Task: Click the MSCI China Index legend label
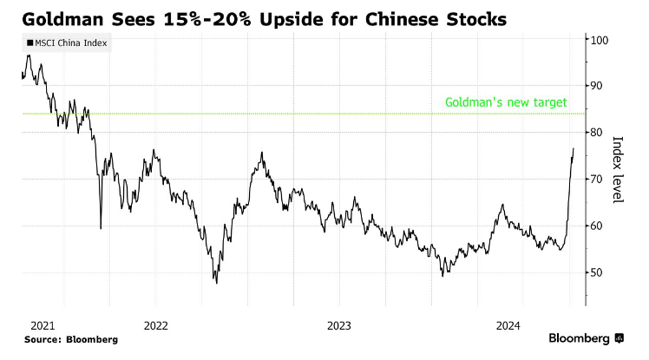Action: tap(70, 43)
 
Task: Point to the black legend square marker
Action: tap(31, 43)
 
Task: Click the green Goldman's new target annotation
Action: tap(506, 102)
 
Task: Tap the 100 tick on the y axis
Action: tap(599, 40)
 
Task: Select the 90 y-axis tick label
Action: tap(596, 86)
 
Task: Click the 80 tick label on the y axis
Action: tap(596, 133)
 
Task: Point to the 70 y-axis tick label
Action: tap(596, 180)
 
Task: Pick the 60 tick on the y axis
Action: tap(596, 226)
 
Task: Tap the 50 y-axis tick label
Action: tap(596, 272)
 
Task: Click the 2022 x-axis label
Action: tap(155, 325)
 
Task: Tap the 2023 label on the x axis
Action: tap(338, 325)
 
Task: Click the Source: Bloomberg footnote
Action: tap(70, 339)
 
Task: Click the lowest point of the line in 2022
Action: tap(216, 283)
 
